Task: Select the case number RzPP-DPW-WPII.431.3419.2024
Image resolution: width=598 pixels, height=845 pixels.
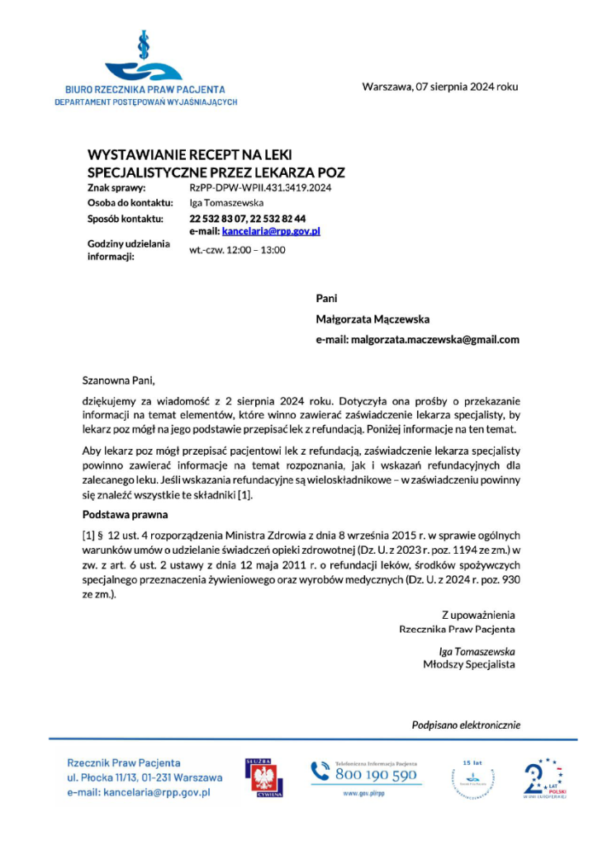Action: (261, 188)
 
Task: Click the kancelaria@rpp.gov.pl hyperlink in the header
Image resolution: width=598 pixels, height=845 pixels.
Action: (271, 232)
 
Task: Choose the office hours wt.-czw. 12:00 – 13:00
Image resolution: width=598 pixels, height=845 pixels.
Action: (237, 249)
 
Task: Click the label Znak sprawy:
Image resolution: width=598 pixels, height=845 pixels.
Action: (116, 188)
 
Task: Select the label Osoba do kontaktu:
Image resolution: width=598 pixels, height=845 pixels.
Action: (130, 203)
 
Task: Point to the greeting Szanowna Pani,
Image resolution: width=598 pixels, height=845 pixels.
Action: (119, 380)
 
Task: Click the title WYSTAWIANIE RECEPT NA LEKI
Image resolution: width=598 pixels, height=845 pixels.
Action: (184, 155)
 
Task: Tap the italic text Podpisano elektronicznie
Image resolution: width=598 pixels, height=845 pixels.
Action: (466, 725)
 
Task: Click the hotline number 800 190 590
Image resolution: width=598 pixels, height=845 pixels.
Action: (376, 777)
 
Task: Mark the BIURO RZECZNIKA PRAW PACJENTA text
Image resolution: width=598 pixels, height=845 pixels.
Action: (145, 89)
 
